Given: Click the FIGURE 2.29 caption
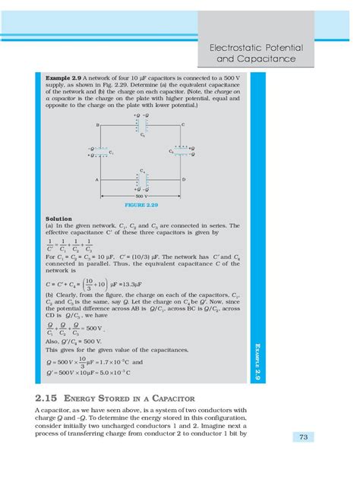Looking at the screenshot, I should coord(140,205).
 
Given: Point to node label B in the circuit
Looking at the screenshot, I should coord(98,124).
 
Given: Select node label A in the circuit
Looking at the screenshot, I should coord(98,179).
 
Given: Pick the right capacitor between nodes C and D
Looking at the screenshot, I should coord(180,151).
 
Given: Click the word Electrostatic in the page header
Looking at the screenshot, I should coord(239,48).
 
